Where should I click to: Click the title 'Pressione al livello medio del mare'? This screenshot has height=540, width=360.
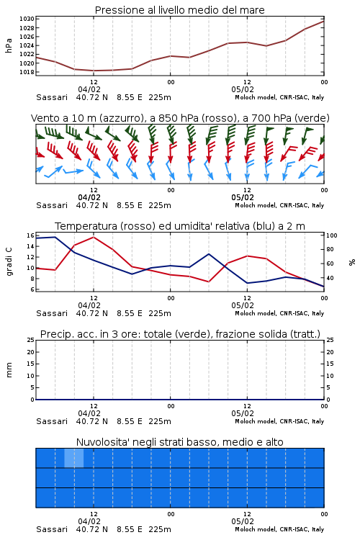point(179,10)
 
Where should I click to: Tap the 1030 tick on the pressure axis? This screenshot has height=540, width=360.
point(27,19)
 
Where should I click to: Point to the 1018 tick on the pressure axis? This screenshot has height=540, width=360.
point(27,72)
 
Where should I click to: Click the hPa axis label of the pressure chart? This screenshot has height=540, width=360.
point(9,45)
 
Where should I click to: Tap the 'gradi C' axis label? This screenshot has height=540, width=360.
point(9,261)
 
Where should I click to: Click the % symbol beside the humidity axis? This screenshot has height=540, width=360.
point(352,262)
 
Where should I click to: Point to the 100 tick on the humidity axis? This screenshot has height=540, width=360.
point(332,235)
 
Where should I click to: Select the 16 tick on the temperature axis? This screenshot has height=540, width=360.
point(30,235)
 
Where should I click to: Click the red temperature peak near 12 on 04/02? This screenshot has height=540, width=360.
point(94,237)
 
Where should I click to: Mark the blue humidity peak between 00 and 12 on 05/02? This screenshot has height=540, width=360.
point(209,254)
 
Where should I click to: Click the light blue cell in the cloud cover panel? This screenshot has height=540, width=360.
point(74,458)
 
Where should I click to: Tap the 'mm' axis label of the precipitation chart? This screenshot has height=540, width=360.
point(9,370)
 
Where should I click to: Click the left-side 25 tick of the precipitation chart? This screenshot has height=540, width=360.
point(31,340)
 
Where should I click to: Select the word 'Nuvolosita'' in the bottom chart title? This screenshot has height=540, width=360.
point(99,442)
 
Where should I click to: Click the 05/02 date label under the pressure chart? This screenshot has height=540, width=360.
point(243,89)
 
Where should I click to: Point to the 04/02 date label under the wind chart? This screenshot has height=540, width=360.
point(89,197)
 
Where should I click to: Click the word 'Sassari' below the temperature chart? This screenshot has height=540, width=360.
point(52,313)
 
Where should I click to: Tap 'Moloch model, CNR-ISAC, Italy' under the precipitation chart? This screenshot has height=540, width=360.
point(279,421)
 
